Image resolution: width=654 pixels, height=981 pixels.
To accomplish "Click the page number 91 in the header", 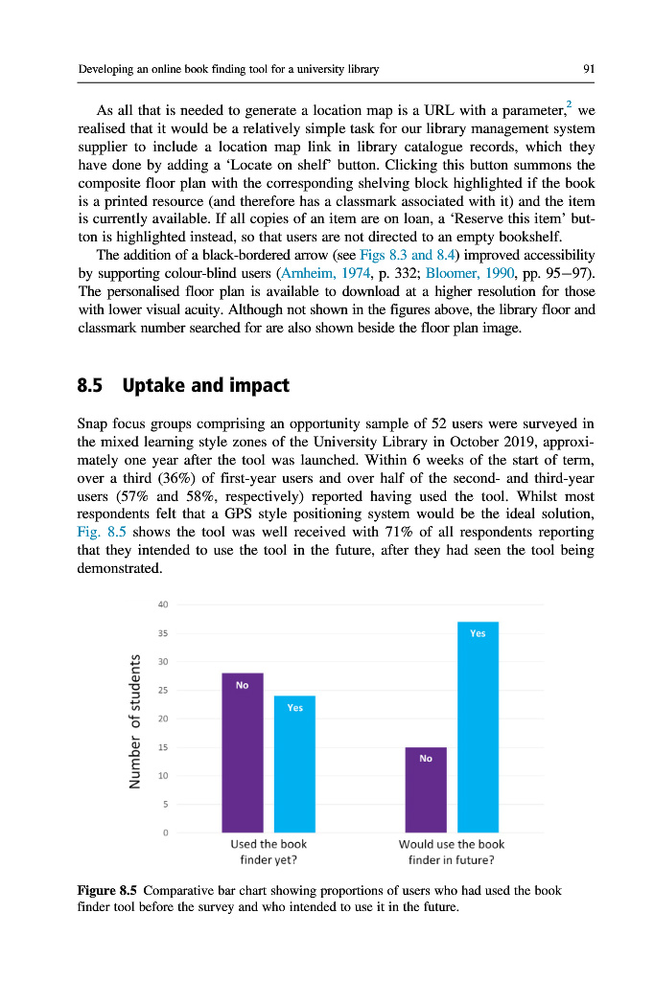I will [x=589, y=69].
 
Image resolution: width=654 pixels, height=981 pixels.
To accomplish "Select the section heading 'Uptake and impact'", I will [x=206, y=386].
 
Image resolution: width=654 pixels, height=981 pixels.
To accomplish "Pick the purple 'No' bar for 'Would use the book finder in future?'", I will [x=425, y=789].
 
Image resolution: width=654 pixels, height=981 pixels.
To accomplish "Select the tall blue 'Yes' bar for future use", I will [x=478, y=727].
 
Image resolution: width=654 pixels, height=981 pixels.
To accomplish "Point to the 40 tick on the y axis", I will [x=163, y=605].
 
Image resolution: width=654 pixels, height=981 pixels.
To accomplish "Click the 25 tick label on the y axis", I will [x=163, y=690].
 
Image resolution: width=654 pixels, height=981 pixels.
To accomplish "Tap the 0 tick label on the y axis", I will [x=165, y=833].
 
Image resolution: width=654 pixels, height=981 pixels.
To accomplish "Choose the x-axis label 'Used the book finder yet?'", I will [x=269, y=852].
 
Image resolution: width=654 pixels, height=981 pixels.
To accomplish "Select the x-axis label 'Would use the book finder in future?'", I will [x=451, y=852].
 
